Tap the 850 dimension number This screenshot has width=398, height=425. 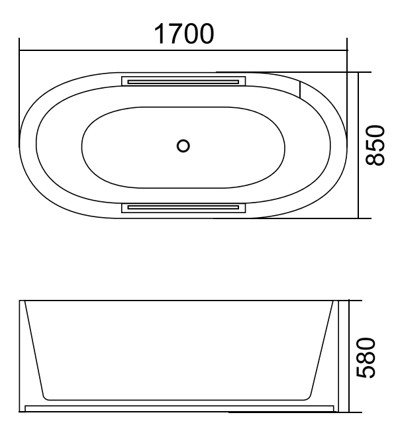(x=375, y=146)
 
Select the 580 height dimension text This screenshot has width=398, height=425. (x=375, y=357)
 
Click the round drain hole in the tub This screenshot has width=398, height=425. (x=183, y=145)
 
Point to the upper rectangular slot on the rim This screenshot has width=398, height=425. (x=183, y=81)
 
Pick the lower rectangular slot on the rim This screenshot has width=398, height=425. (x=183, y=208)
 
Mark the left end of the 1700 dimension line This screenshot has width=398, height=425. (x=20, y=49)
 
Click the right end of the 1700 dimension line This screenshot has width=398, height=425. (x=348, y=49)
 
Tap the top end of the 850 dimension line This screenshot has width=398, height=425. (x=358, y=73)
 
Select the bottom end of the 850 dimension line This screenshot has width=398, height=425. (x=358, y=218)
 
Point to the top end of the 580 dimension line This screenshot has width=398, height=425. (x=350, y=300)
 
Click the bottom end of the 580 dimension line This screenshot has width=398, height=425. (x=350, y=413)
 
